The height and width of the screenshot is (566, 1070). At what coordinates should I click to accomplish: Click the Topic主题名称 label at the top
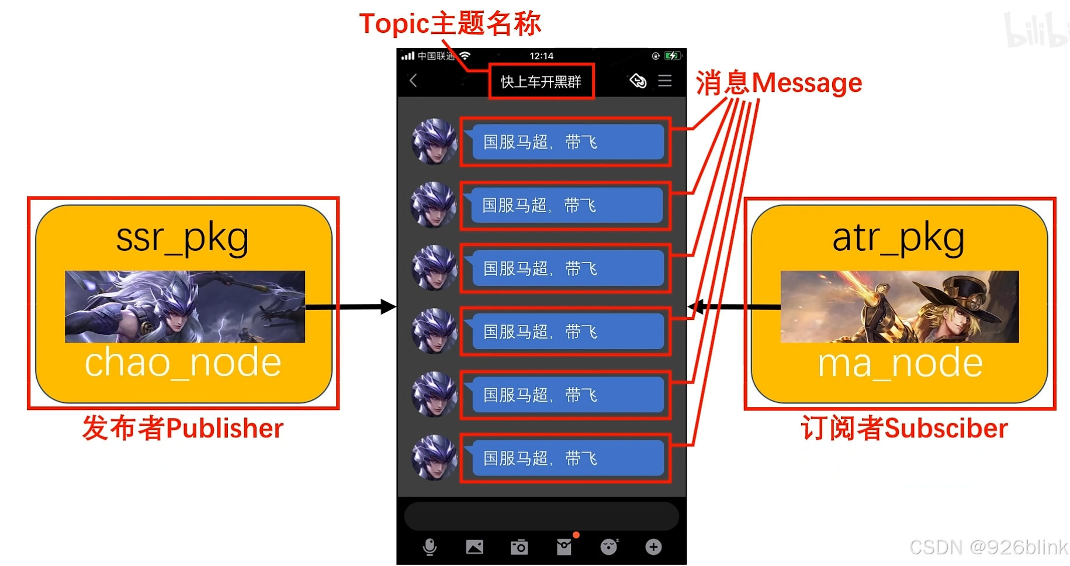point(450,24)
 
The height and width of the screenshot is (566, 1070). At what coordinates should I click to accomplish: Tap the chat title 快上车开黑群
point(541,81)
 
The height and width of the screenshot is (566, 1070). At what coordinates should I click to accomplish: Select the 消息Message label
point(778,82)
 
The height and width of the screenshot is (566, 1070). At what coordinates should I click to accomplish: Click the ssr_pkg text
point(182,238)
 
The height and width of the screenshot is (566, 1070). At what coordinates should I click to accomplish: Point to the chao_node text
point(183,363)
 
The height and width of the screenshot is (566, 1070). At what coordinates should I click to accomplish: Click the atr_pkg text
point(898,238)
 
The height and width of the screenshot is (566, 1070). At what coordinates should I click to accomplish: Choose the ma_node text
point(899,363)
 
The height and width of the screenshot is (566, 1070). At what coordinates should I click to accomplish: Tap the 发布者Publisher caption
point(183,428)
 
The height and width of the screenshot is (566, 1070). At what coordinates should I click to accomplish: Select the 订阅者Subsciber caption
point(904,428)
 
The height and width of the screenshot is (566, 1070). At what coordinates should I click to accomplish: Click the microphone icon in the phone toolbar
point(430,547)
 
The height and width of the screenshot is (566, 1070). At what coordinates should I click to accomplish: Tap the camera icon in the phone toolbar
point(519,547)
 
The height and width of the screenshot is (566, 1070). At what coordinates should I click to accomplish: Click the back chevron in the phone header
point(413,81)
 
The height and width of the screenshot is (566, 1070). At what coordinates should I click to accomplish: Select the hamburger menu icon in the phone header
point(665,81)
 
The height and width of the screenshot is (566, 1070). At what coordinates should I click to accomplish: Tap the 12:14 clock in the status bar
point(541,56)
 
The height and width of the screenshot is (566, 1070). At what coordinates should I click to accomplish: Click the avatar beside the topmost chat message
point(434,141)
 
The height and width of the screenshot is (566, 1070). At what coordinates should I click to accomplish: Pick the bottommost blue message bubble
point(567,458)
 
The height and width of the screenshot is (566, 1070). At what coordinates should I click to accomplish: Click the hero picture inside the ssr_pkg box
point(185,306)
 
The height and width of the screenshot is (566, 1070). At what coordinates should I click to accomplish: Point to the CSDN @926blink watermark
point(988,547)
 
